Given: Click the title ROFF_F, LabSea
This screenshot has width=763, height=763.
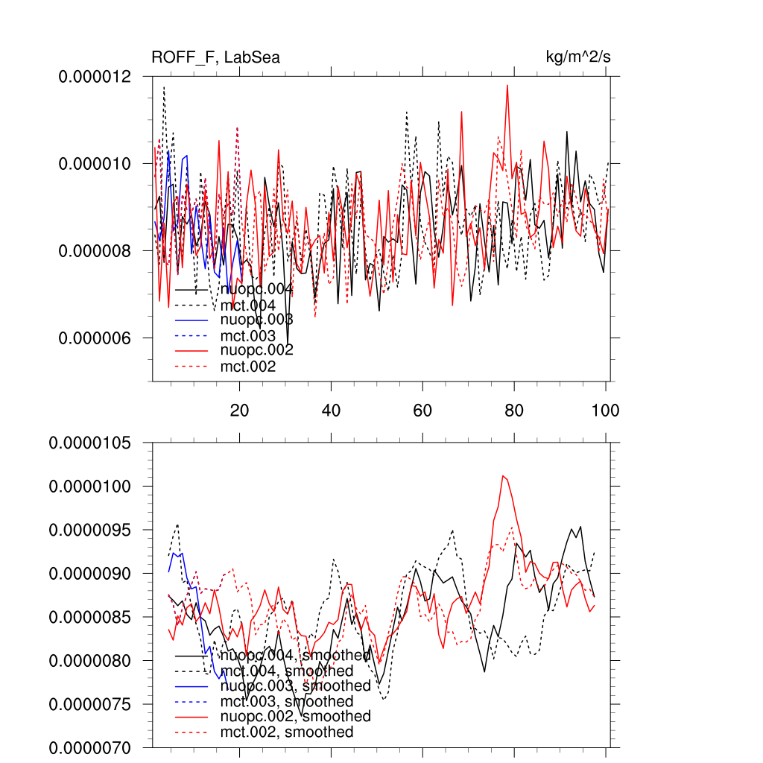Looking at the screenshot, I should tap(215, 57).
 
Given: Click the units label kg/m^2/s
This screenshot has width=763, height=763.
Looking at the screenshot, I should tap(579, 57).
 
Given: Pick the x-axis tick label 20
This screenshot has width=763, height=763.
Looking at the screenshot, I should tap(239, 410).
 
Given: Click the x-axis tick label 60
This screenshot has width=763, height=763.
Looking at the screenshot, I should tap(422, 410).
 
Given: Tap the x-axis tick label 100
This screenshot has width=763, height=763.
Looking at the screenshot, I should tap(605, 410).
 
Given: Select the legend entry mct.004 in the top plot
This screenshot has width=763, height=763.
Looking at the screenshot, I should tap(248, 305).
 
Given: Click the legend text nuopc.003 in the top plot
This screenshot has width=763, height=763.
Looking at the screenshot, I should tap(256, 320).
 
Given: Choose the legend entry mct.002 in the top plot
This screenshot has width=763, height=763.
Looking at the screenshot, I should tap(248, 367).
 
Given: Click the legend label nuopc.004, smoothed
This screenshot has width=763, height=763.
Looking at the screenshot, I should tap(295, 656).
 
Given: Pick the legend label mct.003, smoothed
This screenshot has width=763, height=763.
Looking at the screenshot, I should tap(287, 702).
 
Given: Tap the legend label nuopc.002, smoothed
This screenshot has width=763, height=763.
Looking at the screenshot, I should tap(295, 716).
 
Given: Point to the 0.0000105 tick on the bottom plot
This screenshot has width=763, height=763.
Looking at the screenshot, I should tap(100, 443).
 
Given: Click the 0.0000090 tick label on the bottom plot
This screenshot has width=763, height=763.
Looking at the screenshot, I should tap(100, 574).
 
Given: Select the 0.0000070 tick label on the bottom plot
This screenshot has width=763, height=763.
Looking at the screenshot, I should tap(100, 747).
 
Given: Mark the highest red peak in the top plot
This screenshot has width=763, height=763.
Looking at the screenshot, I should tap(507, 85).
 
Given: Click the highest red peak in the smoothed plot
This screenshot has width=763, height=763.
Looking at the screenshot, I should tap(504, 475).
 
